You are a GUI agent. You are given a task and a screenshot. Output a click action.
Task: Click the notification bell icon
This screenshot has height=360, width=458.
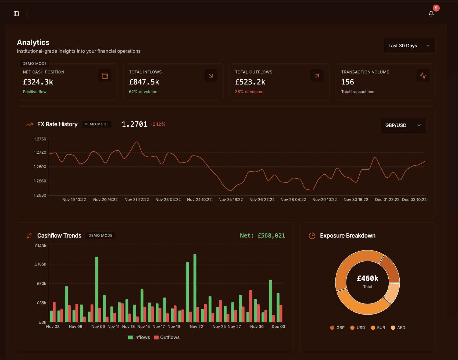coord(431,14)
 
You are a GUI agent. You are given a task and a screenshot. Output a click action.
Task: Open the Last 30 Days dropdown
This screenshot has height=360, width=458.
coord(409,46)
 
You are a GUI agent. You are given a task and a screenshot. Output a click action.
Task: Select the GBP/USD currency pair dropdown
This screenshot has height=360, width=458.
coord(403,125)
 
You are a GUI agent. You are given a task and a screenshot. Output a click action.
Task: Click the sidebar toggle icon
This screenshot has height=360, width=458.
coord(16,14)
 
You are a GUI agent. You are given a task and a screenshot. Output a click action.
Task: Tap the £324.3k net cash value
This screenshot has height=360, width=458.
coord(38,82)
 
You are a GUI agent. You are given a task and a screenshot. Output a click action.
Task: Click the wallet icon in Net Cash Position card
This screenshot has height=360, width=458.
coord(105,76)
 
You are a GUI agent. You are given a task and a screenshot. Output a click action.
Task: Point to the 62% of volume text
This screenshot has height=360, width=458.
coord(143,92)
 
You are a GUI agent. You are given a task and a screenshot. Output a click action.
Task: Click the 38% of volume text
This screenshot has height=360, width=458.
coord(249,92)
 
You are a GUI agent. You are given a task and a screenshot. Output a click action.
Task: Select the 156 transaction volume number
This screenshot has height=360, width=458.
coord(347,82)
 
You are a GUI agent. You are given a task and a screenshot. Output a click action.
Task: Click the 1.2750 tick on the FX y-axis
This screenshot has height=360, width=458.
coord(40,139)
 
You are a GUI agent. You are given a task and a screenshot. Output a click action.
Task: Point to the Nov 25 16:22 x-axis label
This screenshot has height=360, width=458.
coord(230,200)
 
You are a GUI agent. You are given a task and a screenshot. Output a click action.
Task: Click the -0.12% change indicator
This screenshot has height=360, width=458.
coord(158,124)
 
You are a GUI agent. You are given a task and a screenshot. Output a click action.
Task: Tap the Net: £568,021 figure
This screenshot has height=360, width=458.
coord(262,236)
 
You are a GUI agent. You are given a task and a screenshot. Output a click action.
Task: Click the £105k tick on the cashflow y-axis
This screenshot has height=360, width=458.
coord(41,264)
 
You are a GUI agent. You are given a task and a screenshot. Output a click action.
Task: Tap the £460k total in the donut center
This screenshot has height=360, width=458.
coord(367,278)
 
